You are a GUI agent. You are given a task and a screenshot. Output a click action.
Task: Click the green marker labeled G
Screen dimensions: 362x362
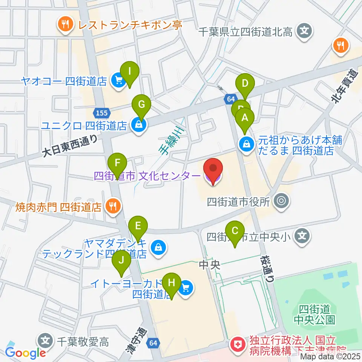coord(141,105)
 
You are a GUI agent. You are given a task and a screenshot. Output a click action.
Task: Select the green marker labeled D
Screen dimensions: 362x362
coord(245,84)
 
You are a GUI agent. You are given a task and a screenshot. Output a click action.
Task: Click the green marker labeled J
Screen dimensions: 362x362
coord(121,260)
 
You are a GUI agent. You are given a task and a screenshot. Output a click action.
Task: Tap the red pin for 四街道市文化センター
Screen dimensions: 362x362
coord(213,171)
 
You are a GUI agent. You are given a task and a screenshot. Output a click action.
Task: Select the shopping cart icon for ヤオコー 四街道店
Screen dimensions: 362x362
coord(118,80)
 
